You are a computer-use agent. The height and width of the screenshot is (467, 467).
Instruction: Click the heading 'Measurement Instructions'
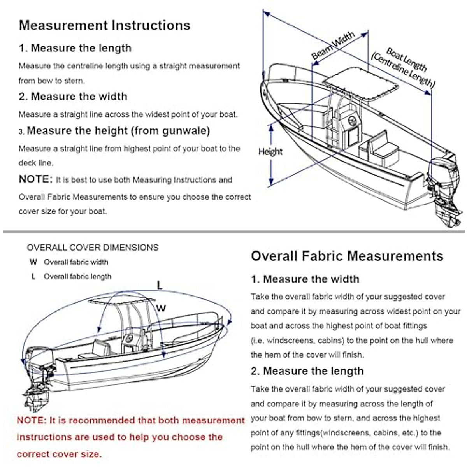[104, 25]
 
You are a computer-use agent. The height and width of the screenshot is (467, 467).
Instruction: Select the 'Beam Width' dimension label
[333, 46]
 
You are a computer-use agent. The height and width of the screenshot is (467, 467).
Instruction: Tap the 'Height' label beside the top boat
[270, 152]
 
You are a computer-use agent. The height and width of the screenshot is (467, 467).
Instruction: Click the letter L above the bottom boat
[160, 285]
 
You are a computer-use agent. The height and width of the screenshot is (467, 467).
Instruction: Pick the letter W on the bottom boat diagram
[161, 308]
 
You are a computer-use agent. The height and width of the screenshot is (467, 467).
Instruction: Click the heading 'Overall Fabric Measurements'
[347, 256]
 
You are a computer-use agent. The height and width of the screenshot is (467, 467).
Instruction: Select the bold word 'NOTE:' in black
[35, 179]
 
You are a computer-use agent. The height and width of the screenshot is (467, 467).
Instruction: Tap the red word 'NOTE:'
[32, 421]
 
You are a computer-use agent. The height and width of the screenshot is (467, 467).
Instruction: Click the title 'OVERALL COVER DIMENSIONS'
[93, 248]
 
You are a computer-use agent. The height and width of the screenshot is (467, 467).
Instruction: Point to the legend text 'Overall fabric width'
[76, 262]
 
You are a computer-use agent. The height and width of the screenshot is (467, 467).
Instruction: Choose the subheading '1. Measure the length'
[75, 48]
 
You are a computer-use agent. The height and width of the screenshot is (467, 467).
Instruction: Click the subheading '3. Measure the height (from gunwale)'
[115, 131]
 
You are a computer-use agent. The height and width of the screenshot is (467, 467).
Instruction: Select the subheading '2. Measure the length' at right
[307, 371]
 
